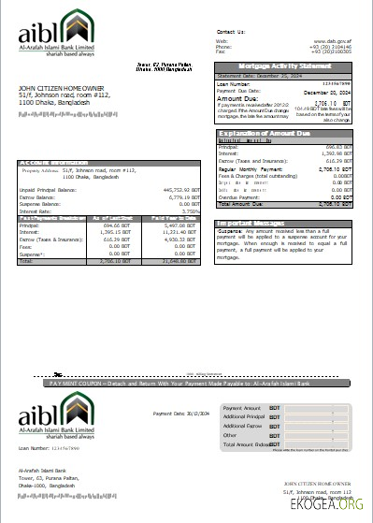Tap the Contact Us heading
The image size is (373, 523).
[x=230, y=31]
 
